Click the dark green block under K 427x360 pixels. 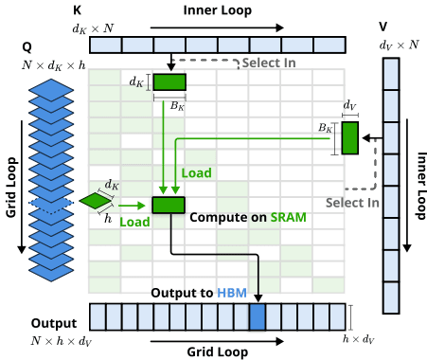pyautogui.click(x=170, y=82)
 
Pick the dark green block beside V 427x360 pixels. pyautogui.click(x=350, y=138)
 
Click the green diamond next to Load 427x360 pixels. pyautogui.click(x=95, y=201)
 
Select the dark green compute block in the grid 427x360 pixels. pyautogui.click(x=168, y=205)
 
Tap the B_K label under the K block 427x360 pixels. pyautogui.click(x=175, y=106)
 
